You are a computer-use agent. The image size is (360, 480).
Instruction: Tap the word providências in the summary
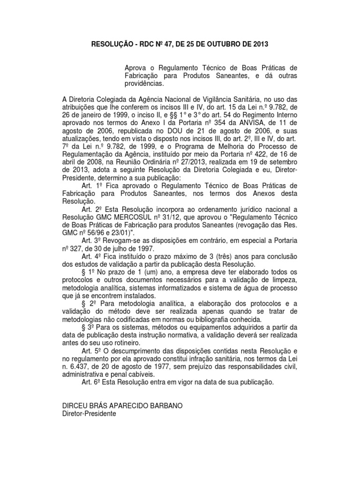pos(144,83)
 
